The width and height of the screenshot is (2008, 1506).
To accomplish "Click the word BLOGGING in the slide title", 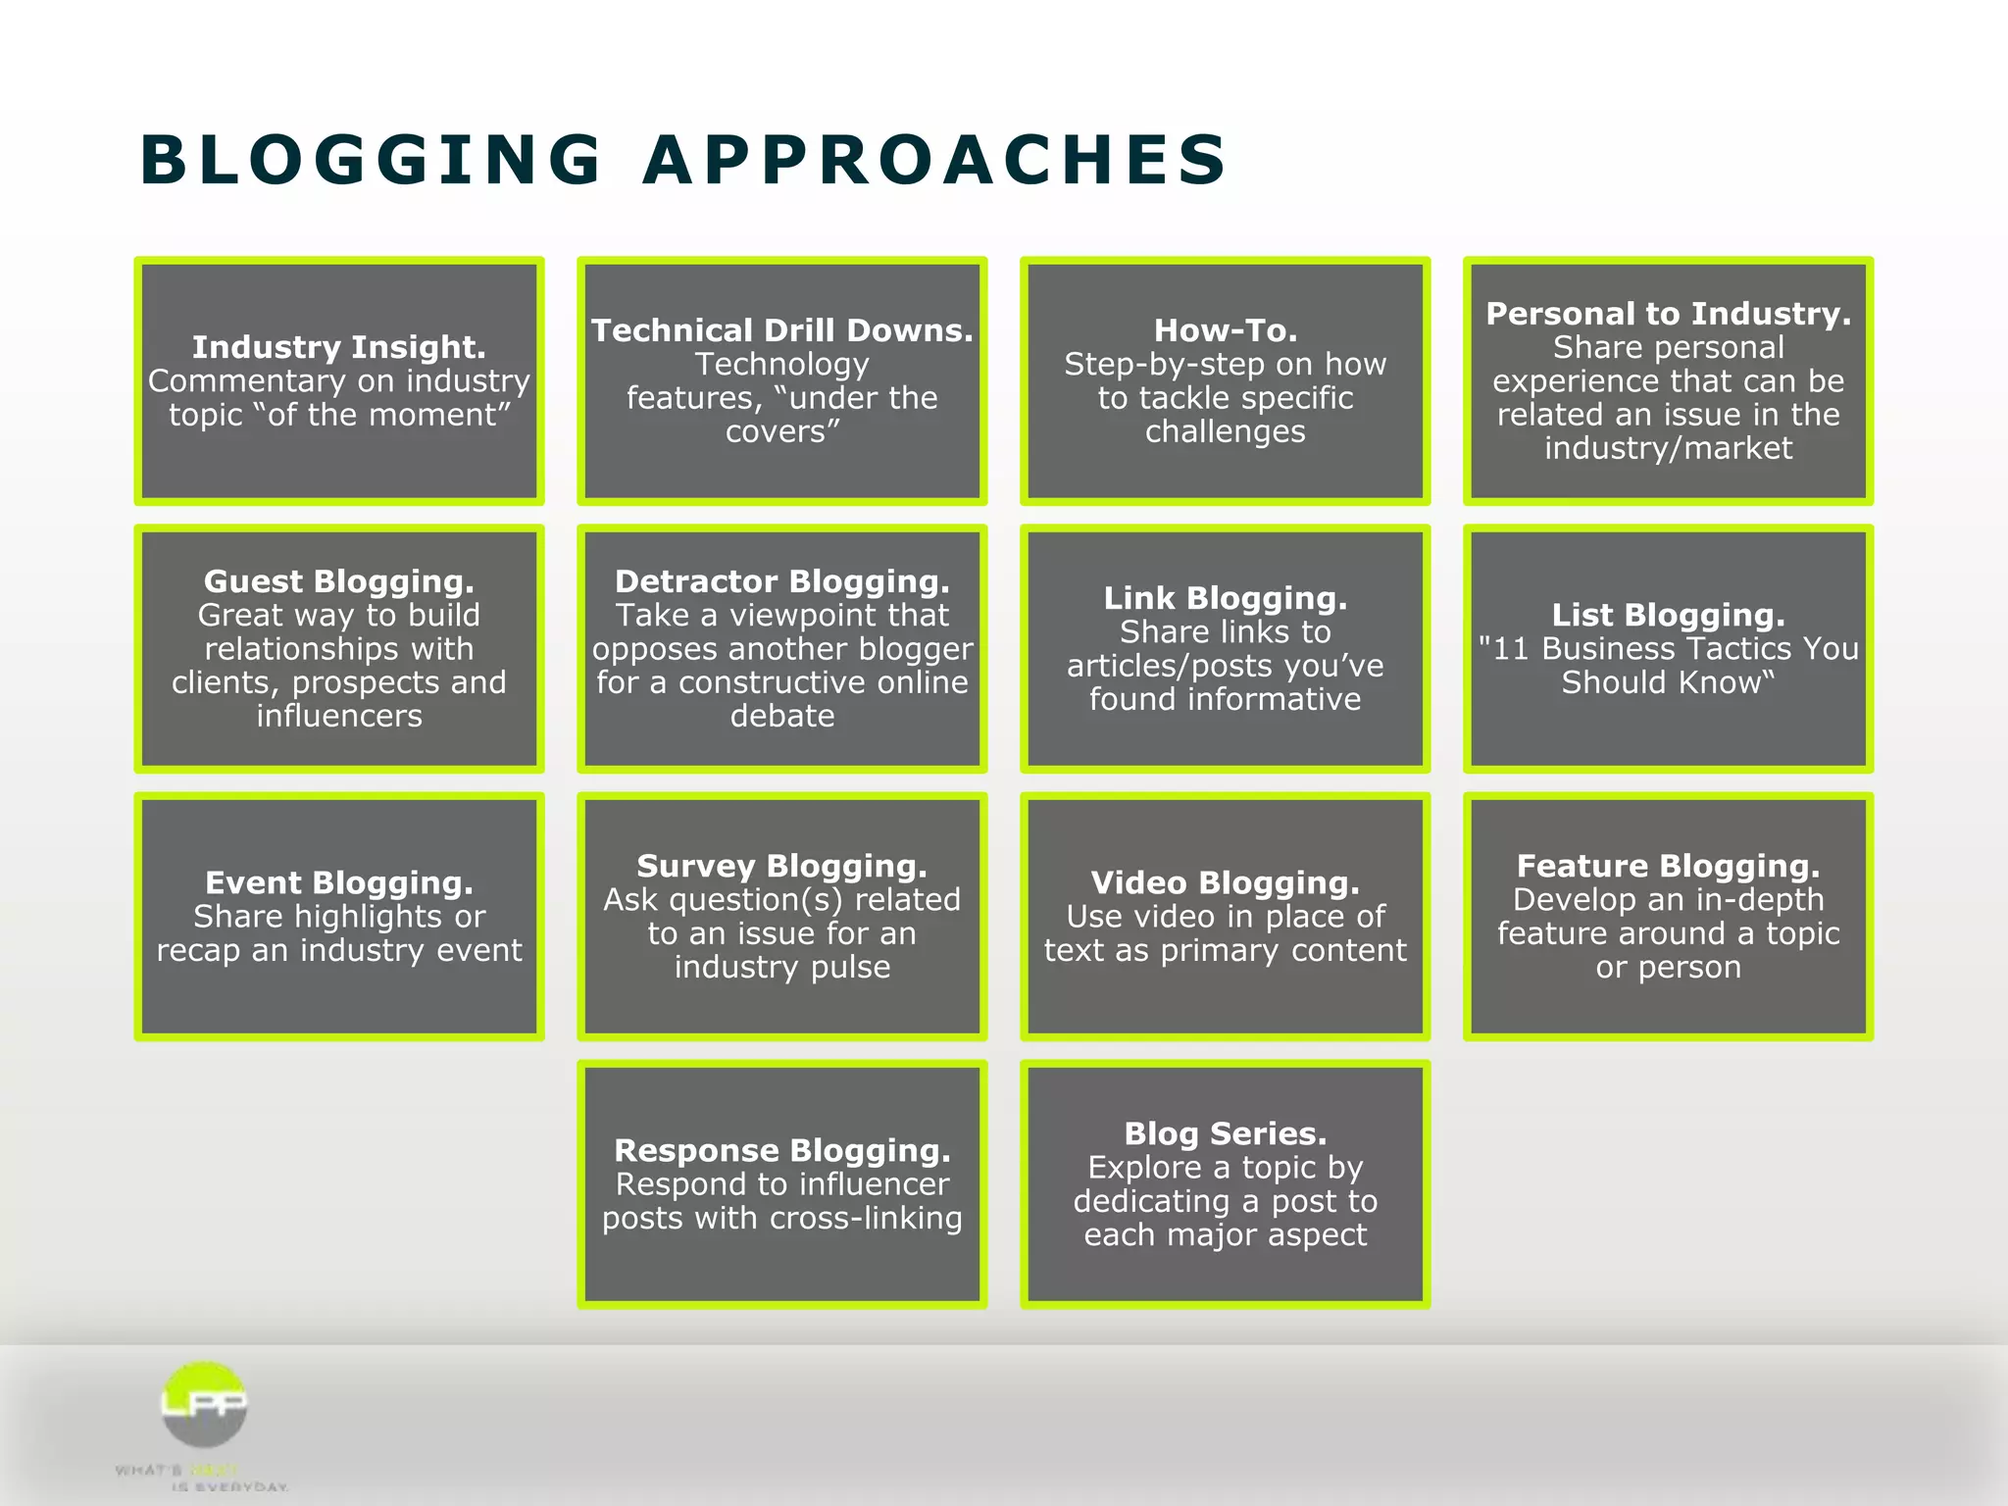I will coord(371,160).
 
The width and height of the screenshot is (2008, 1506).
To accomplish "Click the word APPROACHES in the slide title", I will coord(934,160).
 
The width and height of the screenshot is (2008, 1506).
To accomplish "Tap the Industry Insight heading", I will coord(339,347).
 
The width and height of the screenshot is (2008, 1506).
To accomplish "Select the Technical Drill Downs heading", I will coord(781,330).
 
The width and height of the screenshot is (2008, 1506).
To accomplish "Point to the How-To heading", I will coord(1225,330).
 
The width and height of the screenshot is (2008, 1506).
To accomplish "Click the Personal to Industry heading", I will coord(1668,314).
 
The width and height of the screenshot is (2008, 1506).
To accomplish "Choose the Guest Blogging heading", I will coord(339,581).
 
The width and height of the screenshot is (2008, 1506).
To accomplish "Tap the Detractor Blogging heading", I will coord(781,581).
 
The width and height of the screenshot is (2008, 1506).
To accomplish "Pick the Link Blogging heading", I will coord(1225,598).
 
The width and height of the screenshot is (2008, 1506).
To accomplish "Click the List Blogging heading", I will coord(1668,615).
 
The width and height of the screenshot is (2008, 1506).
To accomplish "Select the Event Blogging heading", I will coord(339,882).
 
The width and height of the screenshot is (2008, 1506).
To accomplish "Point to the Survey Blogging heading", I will coord(781,866).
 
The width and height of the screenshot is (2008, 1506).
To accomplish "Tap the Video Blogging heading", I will coord(1225,882).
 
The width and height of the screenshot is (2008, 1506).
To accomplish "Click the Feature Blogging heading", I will coord(1668,866).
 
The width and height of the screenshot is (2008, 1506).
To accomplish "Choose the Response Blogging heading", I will coord(781,1150).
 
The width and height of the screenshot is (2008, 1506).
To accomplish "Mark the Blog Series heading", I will coord(1225,1133).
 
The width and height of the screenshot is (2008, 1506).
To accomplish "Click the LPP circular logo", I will coord(204,1404).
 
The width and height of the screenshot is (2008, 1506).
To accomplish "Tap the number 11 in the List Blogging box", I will coord(1510,649).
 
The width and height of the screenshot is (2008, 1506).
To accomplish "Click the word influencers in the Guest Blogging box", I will coord(339,717).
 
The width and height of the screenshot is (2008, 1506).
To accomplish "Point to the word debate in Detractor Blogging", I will coord(781,717).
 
